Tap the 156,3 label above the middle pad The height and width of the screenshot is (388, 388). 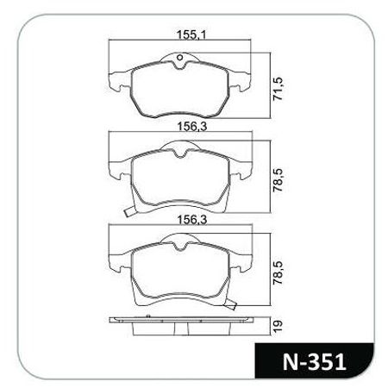[x=178, y=126]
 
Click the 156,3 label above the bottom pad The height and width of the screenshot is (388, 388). [x=178, y=221]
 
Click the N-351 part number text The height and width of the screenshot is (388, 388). [x=312, y=362]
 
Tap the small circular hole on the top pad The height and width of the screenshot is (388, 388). [x=178, y=60]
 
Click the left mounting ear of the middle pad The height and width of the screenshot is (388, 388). [x=116, y=164]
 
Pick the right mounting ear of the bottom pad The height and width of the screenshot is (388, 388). [x=242, y=259]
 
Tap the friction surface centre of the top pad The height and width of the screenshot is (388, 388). [x=178, y=91]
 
